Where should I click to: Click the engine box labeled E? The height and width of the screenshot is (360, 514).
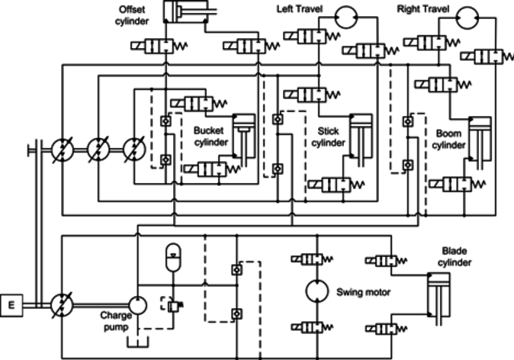point(11,305)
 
